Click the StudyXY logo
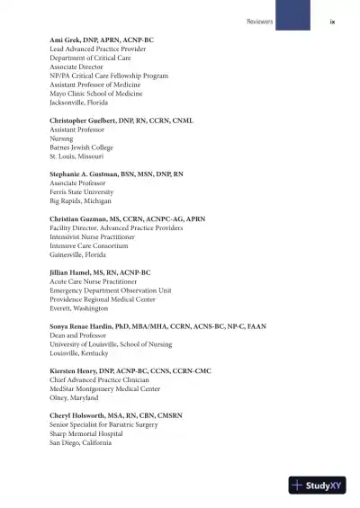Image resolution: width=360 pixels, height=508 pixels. click(x=317, y=485)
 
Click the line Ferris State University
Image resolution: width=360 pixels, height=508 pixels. click(x=81, y=192)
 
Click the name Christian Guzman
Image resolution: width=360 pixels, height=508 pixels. click(x=75, y=218)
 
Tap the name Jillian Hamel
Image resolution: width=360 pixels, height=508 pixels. click(x=69, y=272)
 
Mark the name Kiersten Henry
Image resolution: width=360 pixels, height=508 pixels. click(x=73, y=370)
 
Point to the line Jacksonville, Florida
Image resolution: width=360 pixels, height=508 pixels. click(x=79, y=102)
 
